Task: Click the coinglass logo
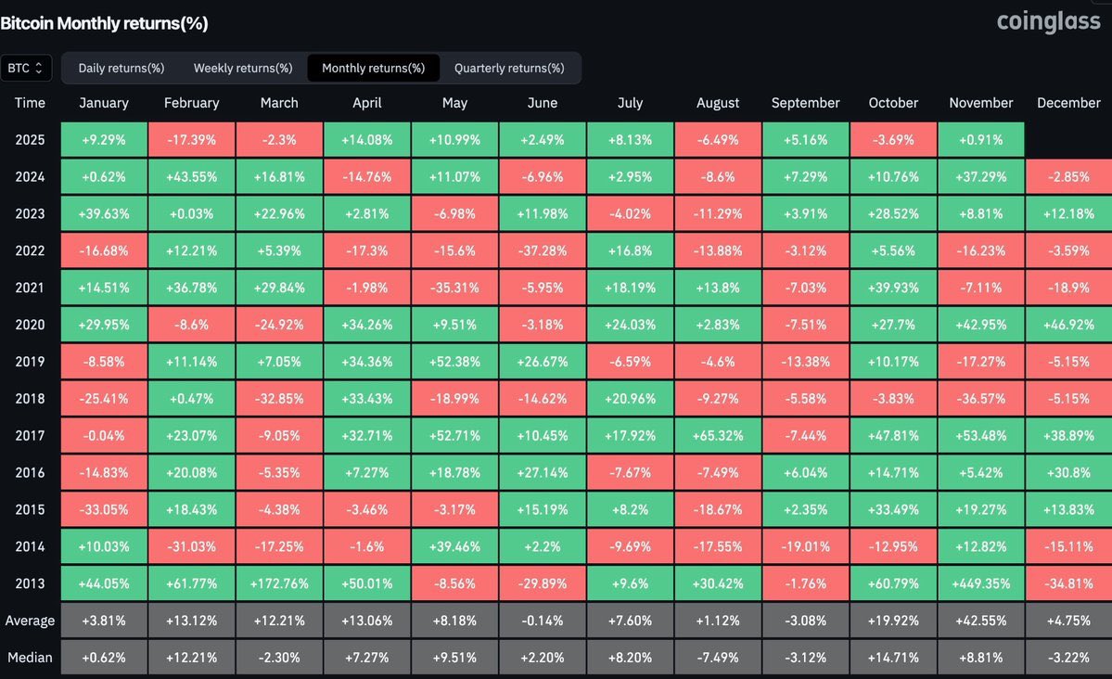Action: (x=1048, y=21)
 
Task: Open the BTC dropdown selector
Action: (x=26, y=68)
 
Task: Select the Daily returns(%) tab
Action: (x=121, y=68)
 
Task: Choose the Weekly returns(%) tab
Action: (x=243, y=68)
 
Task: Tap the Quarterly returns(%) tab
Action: (x=509, y=68)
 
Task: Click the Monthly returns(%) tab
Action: (x=374, y=68)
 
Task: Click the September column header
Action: (x=805, y=103)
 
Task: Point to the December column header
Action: (x=1068, y=103)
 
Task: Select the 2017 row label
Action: (x=30, y=436)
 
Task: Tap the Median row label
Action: (x=30, y=658)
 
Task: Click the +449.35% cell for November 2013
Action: (x=981, y=583)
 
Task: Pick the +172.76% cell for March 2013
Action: (x=279, y=583)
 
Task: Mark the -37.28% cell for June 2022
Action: (x=543, y=251)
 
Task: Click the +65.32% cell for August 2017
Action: (x=718, y=436)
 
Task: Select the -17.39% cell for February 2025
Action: (x=191, y=140)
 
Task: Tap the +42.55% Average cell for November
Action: (x=981, y=621)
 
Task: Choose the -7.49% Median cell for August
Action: (x=718, y=658)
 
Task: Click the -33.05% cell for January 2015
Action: (x=104, y=510)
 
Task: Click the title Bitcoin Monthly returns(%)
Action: (x=104, y=23)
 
